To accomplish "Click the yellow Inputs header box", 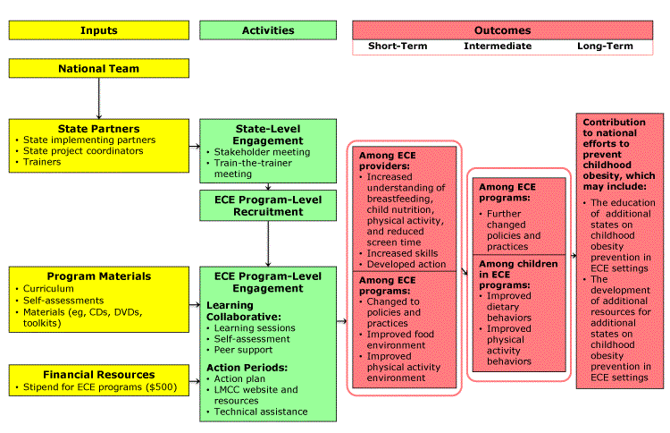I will click(x=98, y=30).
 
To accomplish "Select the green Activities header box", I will click(x=268, y=30).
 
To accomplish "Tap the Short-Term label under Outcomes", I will click(x=397, y=46).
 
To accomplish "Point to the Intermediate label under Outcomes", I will click(x=497, y=46).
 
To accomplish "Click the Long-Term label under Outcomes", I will click(x=601, y=46).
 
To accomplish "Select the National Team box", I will click(x=98, y=69).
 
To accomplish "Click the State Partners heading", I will click(x=98, y=128).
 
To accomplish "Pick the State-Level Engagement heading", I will click(x=268, y=134).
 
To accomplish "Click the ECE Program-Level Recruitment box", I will click(x=268, y=205).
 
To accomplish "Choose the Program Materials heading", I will click(x=98, y=276).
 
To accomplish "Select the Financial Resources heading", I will click(x=98, y=374).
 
